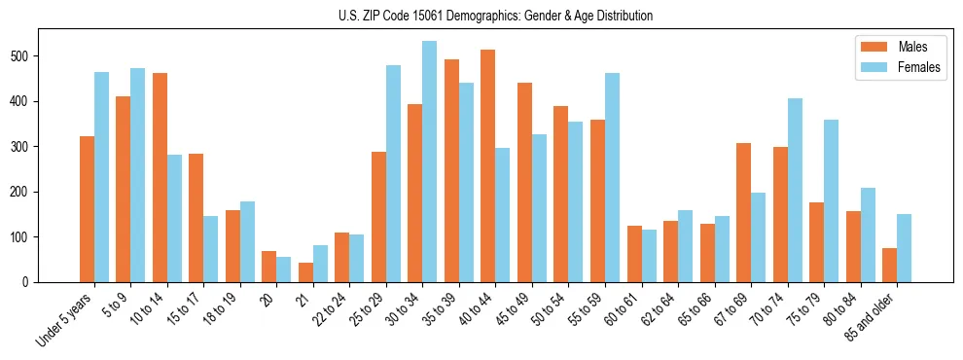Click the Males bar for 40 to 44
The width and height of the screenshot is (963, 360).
coord(488,165)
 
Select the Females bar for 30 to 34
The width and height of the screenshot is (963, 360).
coord(430,162)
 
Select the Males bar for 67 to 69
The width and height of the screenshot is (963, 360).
coord(743,212)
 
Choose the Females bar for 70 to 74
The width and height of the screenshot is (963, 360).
coord(795,190)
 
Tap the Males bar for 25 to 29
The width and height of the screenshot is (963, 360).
coord(379,217)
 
